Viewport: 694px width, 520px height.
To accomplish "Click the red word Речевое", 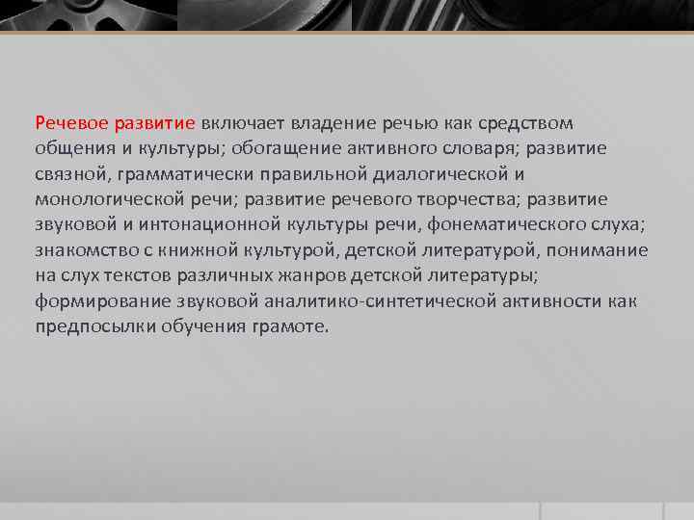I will click(71, 124).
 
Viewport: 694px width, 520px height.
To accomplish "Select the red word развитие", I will click(154, 124).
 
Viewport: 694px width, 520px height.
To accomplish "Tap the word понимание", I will click(600, 250).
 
